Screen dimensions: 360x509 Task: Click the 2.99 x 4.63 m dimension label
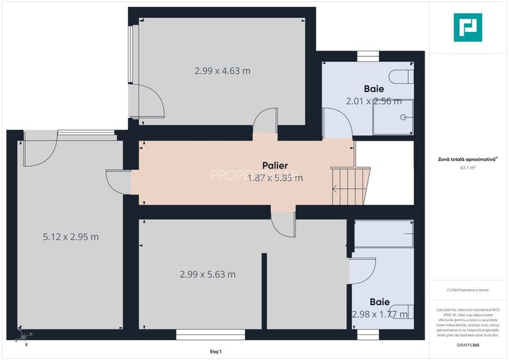click(x=222, y=71)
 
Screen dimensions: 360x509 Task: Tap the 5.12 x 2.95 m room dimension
click(x=70, y=237)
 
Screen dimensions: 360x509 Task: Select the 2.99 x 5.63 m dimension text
click(x=207, y=274)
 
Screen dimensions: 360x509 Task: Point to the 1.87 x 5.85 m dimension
click(x=275, y=178)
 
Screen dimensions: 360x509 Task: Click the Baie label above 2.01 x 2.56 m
click(x=374, y=88)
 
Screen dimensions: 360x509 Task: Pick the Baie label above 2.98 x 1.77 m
click(x=380, y=301)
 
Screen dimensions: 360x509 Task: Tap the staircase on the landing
click(x=350, y=185)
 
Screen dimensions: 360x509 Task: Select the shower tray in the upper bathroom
click(x=393, y=117)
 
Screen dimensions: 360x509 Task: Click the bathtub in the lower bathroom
click(x=384, y=234)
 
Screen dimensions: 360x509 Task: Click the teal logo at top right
click(x=467, y=27)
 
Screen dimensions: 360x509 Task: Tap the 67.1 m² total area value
click(x=469, y=168)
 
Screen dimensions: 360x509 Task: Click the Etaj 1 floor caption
click(x=215, y=352)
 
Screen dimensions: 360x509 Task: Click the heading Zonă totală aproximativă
click(x=467, y=159)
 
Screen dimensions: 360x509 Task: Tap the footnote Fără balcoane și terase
click(x=468, y=290)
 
